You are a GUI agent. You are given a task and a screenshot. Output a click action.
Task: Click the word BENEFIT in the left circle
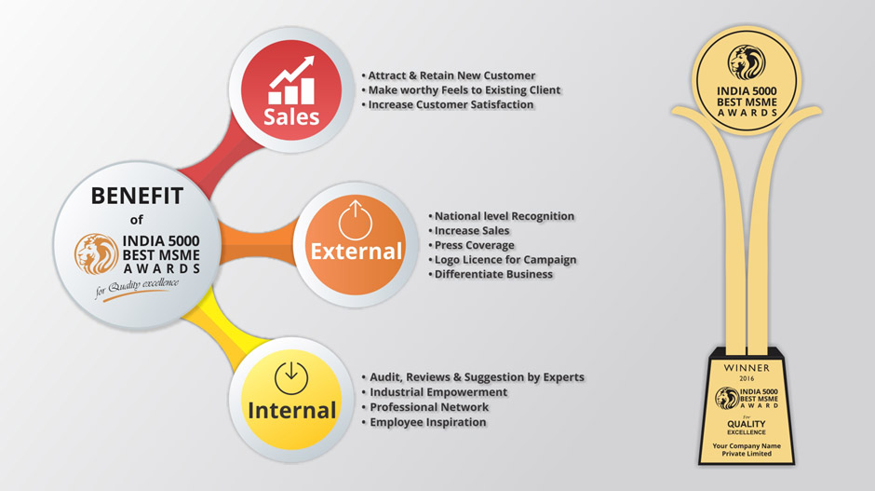coord(137,196)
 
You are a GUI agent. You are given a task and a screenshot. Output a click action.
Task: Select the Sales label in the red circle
coord(291,116)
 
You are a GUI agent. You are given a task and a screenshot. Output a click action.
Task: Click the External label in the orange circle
coord(356,252)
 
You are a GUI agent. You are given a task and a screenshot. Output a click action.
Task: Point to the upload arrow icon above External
coord(355,219)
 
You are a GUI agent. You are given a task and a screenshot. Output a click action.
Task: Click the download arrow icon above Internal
coord(291,377)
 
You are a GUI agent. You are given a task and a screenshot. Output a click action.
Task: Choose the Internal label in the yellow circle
coord(292,411)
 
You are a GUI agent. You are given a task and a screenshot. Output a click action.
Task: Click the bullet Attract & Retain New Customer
coord(449,75)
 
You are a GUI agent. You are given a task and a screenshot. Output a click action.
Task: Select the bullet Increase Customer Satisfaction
coord(448,104)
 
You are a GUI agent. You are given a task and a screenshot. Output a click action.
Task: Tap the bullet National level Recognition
coord(501,216)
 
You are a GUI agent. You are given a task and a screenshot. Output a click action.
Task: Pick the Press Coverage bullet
coord(472,245)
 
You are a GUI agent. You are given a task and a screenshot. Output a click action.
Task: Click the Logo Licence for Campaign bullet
coord(503,260)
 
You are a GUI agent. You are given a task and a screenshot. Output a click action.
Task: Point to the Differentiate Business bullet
coord(491,274)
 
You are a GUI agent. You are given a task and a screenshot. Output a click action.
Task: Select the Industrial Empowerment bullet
coord(436,392)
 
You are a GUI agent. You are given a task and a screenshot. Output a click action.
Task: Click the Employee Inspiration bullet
coord(424,422)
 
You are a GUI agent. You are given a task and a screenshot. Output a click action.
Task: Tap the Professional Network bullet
coord(425,407)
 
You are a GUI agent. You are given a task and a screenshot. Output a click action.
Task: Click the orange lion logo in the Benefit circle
coord(97,254)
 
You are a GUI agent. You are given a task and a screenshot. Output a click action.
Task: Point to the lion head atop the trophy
coord(747,62)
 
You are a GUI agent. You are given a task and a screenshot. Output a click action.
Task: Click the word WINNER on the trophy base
coord(747,368)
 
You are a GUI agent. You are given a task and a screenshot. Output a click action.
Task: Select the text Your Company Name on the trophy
coord(747,445)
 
